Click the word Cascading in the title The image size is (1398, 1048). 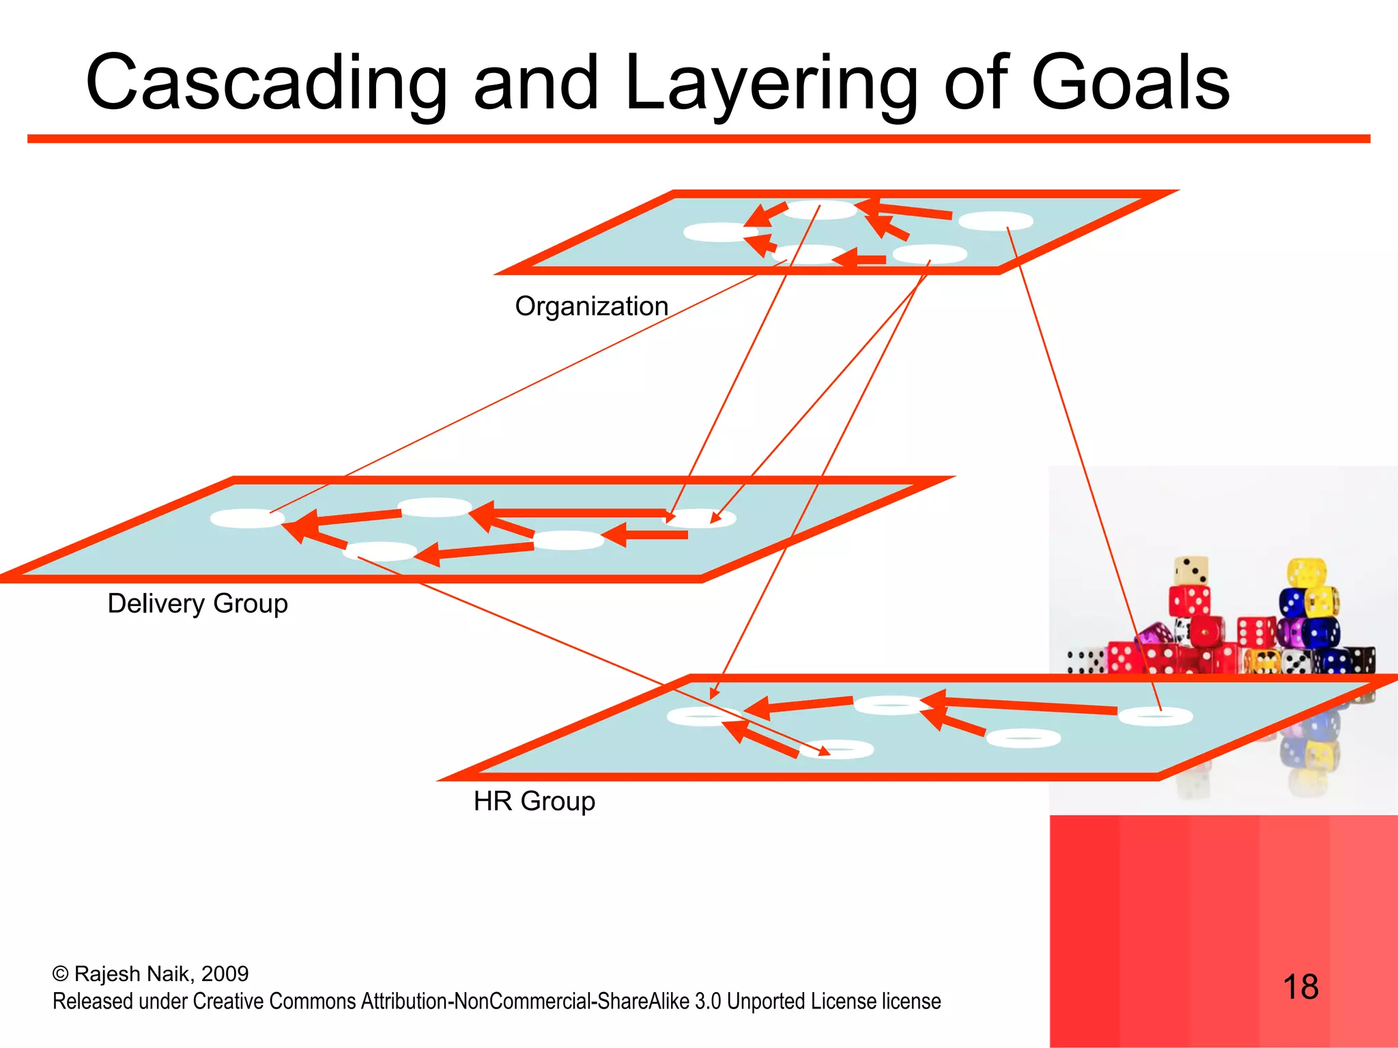[x=266, y=83]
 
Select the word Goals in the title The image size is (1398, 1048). [x=1130, y=83]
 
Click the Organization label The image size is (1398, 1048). [x=591, y=306]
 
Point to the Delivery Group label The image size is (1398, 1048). [x=197, y=604]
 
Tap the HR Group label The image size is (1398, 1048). [x=534, y=801]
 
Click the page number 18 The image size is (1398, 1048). [x=1300, y=987]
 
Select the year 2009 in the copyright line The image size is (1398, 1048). [x=225, y=974]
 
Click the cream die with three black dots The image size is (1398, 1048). [x=1191, y=570]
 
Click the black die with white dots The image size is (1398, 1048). [x=1363, y=660]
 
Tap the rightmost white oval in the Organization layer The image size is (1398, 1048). [x=996, y=221]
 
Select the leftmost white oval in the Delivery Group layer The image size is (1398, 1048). [x=246, y=519]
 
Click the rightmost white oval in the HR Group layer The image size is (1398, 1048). [x=1155, y=716]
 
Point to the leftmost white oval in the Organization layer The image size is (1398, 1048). [x=720, y=232]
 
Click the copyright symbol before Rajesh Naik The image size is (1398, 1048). [x=60, y=974]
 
